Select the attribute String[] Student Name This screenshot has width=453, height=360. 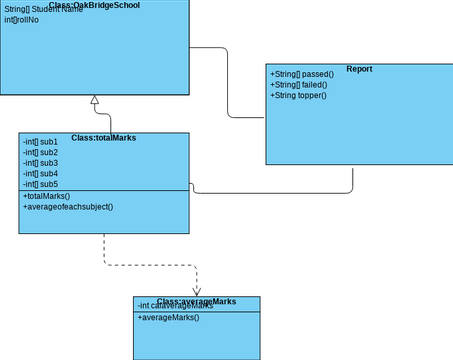[44, 10]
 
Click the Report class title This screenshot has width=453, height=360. [359, 69]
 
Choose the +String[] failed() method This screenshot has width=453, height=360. [298, 85]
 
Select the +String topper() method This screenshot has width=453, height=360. [298, 96]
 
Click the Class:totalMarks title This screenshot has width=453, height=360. [104, 137]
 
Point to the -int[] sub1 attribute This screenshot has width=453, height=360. [40, 142]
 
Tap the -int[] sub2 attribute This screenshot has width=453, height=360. [40, 152]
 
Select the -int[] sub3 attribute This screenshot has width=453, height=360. [40, 163]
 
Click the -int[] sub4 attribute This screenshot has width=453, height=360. [40, 174]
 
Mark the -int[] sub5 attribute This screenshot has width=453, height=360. [40, 184]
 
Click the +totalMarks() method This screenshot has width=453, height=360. [46, 196]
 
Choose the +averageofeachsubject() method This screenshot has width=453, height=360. [67, 207]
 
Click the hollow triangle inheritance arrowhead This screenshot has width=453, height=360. [95, 100]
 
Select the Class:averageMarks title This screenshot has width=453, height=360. [196, 301]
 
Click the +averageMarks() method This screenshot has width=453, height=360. [168, 317]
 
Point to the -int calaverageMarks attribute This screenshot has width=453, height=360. [175, 306]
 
